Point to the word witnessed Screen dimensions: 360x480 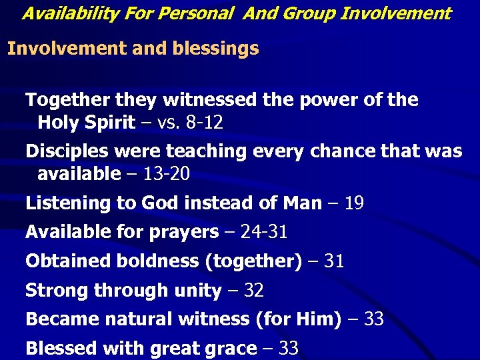click(209, 100)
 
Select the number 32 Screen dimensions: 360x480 click(253, 291)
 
